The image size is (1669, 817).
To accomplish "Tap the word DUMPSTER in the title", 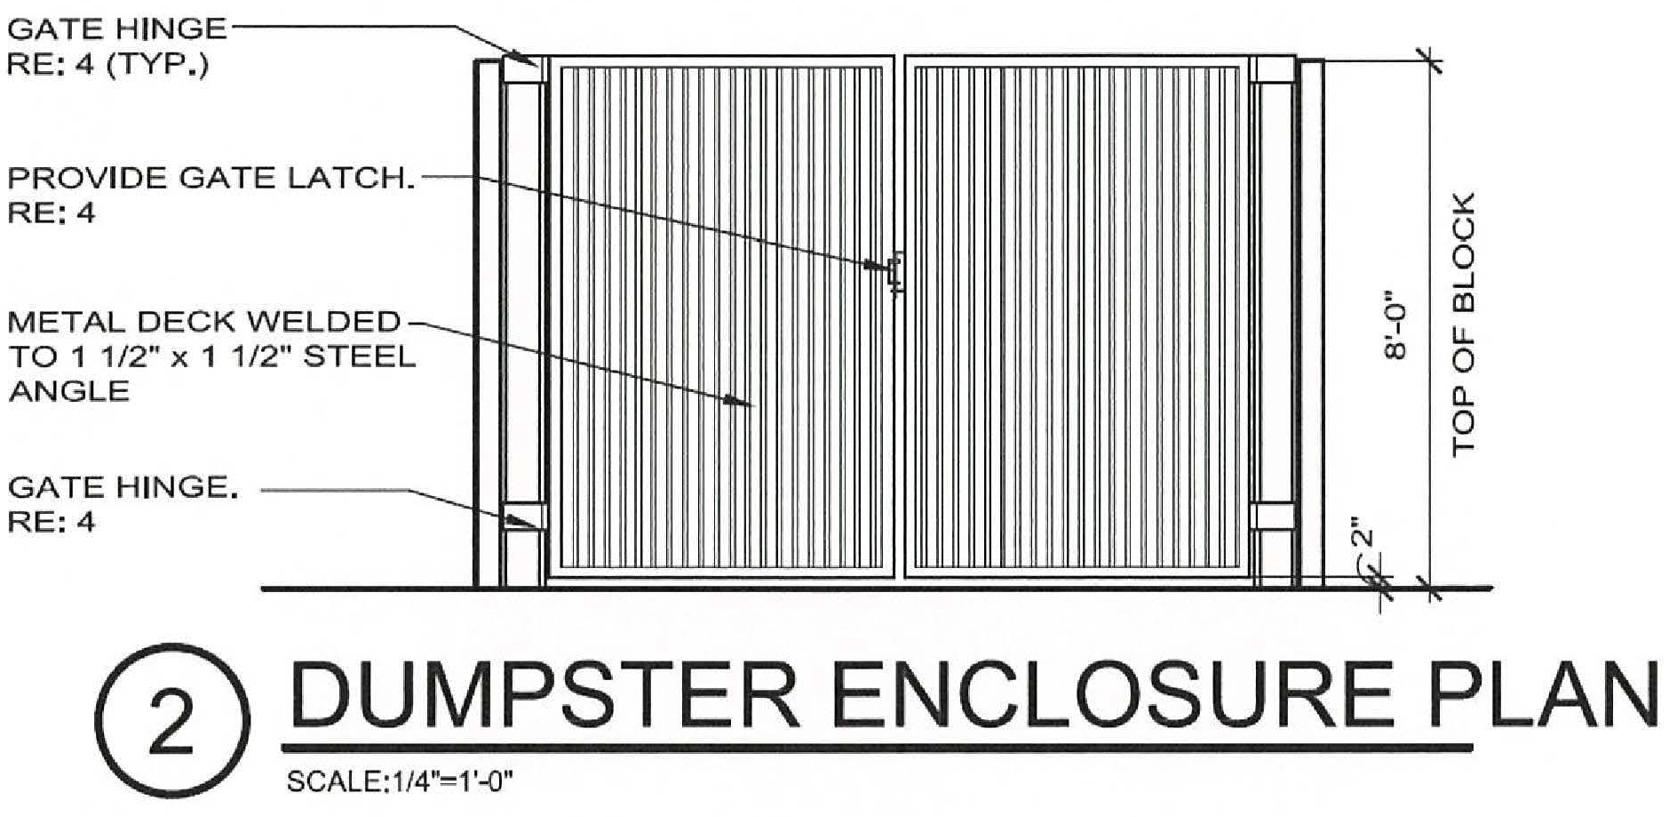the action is (544, 696).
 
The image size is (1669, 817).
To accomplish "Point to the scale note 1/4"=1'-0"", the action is (400, 782).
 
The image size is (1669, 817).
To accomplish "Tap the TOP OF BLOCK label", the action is (1463, 324).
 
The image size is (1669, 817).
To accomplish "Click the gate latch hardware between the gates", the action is (895, 271).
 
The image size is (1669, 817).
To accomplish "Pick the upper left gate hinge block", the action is (523, 70).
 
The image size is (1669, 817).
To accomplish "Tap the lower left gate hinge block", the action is (523, 517).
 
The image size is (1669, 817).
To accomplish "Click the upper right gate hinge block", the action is (1272, 70).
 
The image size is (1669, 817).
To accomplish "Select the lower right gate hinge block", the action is (1272, 517).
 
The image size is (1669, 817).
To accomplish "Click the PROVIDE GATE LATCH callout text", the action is (211, 179).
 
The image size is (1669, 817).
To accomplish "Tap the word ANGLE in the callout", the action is (69, 391).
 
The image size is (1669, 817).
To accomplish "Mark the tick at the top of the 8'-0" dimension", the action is (1429, 60).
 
